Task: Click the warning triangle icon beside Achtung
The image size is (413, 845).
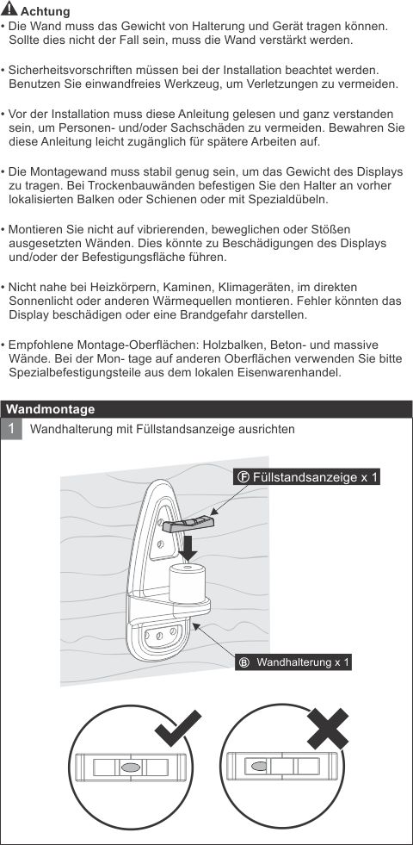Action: coord(9,10)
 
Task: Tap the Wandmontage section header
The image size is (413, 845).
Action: coord(51,409)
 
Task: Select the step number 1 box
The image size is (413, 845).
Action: coord(12,428)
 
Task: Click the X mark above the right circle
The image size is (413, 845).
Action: coord(327,730)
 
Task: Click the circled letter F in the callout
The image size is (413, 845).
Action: coord(243,476)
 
